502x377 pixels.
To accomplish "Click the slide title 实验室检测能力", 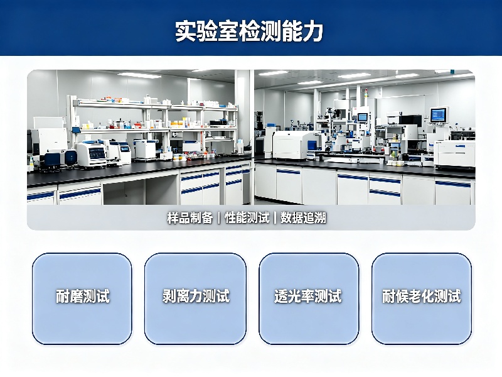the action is point(248,31).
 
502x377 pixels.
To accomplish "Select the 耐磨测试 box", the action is point(82,299).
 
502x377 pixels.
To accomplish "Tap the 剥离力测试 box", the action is point(195,299).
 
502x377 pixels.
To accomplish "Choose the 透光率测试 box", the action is point(309,299).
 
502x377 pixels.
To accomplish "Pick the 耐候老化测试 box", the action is point(421,299).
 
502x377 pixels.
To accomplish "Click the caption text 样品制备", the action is point(190,218).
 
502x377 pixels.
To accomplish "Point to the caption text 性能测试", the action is point(247,218).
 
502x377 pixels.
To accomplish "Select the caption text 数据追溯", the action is point(303,218).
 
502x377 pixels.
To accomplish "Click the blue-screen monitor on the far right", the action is point(438,114).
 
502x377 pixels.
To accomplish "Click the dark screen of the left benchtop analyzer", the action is point(97,153).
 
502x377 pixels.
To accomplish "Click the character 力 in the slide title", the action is point(312,31).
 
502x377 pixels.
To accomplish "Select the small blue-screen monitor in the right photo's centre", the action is point(363,117).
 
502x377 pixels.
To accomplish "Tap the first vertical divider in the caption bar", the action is point(218,218).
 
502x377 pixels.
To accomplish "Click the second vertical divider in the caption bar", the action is point(275,218).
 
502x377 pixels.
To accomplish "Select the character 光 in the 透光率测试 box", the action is point(295,296).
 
